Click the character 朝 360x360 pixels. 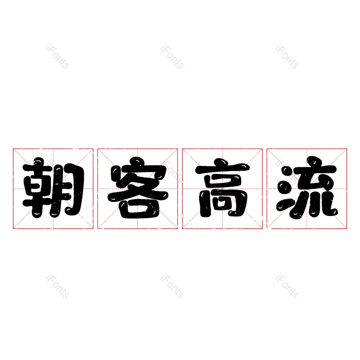[53, 188]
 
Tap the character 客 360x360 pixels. [138, 188]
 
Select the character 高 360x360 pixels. [222, 188]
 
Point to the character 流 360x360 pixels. [307, 188]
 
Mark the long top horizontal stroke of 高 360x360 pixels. [222, 168]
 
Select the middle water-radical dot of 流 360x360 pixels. [284, 187]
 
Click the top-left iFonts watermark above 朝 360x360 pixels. [57, 57]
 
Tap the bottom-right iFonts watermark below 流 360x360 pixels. [287, 286]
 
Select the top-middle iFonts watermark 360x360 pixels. [172, 57]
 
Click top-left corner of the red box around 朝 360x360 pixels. [13, 149]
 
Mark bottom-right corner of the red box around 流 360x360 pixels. [346, 229]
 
